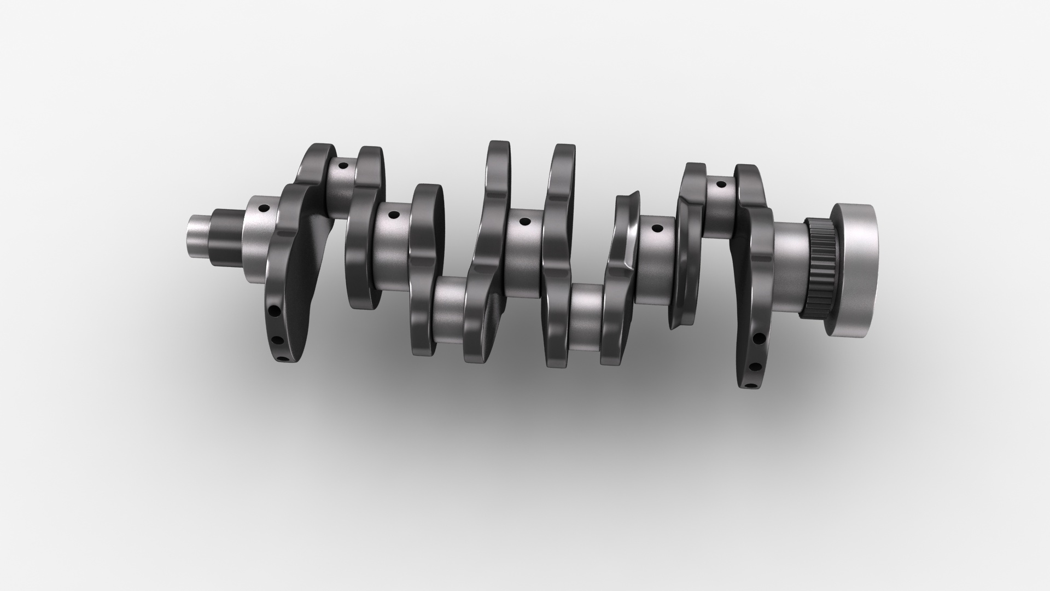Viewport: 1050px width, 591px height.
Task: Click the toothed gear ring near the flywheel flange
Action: point(821,268)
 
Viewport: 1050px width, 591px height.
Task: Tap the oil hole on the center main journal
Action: point(524,222)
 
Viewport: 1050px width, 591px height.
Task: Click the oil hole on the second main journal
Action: point(392,215)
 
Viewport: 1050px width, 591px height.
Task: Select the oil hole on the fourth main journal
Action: point(657,228)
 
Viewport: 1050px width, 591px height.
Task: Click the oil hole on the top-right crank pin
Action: point(721,185)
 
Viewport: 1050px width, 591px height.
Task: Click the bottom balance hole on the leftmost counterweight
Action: point(283,360)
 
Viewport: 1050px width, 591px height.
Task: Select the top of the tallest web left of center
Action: point(499,147)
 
